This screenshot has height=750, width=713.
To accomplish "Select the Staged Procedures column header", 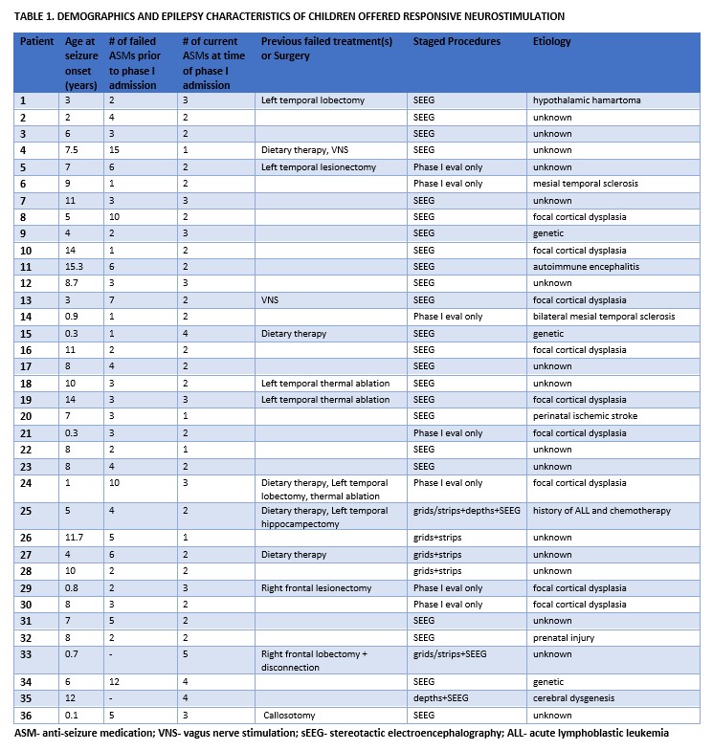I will (x=457, y=43).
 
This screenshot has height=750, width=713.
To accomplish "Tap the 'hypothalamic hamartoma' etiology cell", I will (x=587, y=99).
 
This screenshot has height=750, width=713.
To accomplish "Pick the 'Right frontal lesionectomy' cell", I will (x=317, y=586).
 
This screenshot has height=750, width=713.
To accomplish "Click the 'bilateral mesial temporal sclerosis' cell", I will (x=604, y=316).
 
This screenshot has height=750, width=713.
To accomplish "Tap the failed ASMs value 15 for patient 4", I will (x=115, y=149).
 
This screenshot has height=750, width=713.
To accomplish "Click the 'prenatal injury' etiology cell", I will (x=566, y=636).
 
